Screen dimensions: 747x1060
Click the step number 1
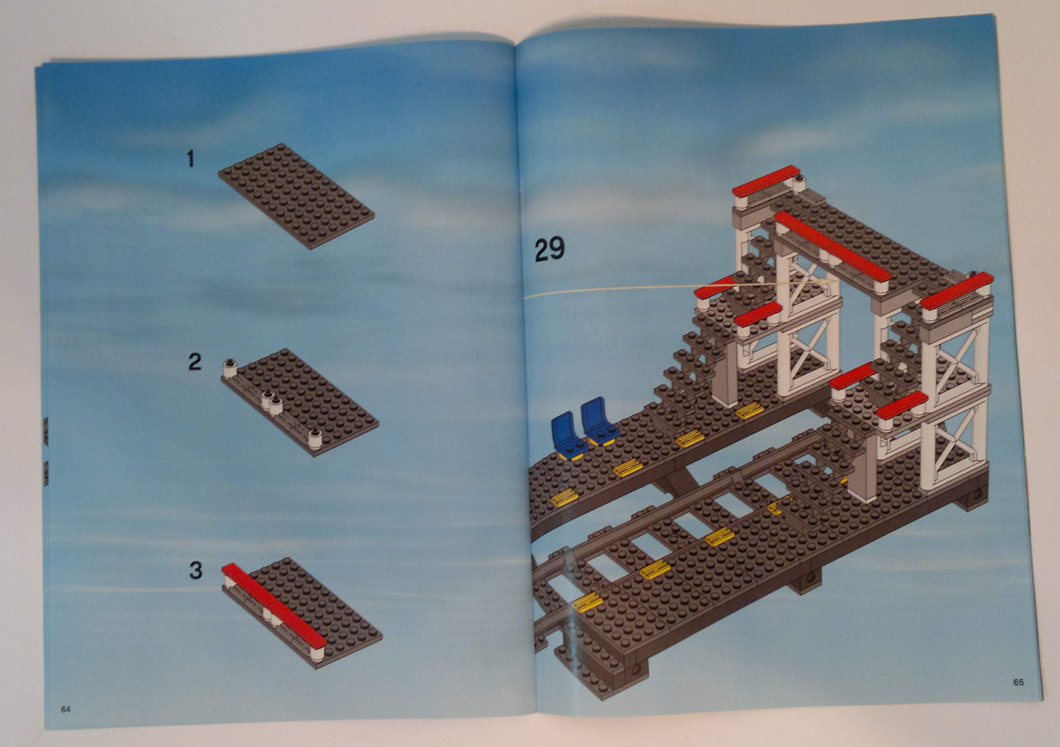click(190, 160)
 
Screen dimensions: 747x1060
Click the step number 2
click(194, 362)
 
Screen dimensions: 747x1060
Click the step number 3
click(196, 571)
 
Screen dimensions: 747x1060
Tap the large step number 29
click(549, 250)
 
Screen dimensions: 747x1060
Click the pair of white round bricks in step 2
click(271, 401)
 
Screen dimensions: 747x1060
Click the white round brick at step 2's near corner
click(315, 438)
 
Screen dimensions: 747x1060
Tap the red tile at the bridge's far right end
click(957, 290)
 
